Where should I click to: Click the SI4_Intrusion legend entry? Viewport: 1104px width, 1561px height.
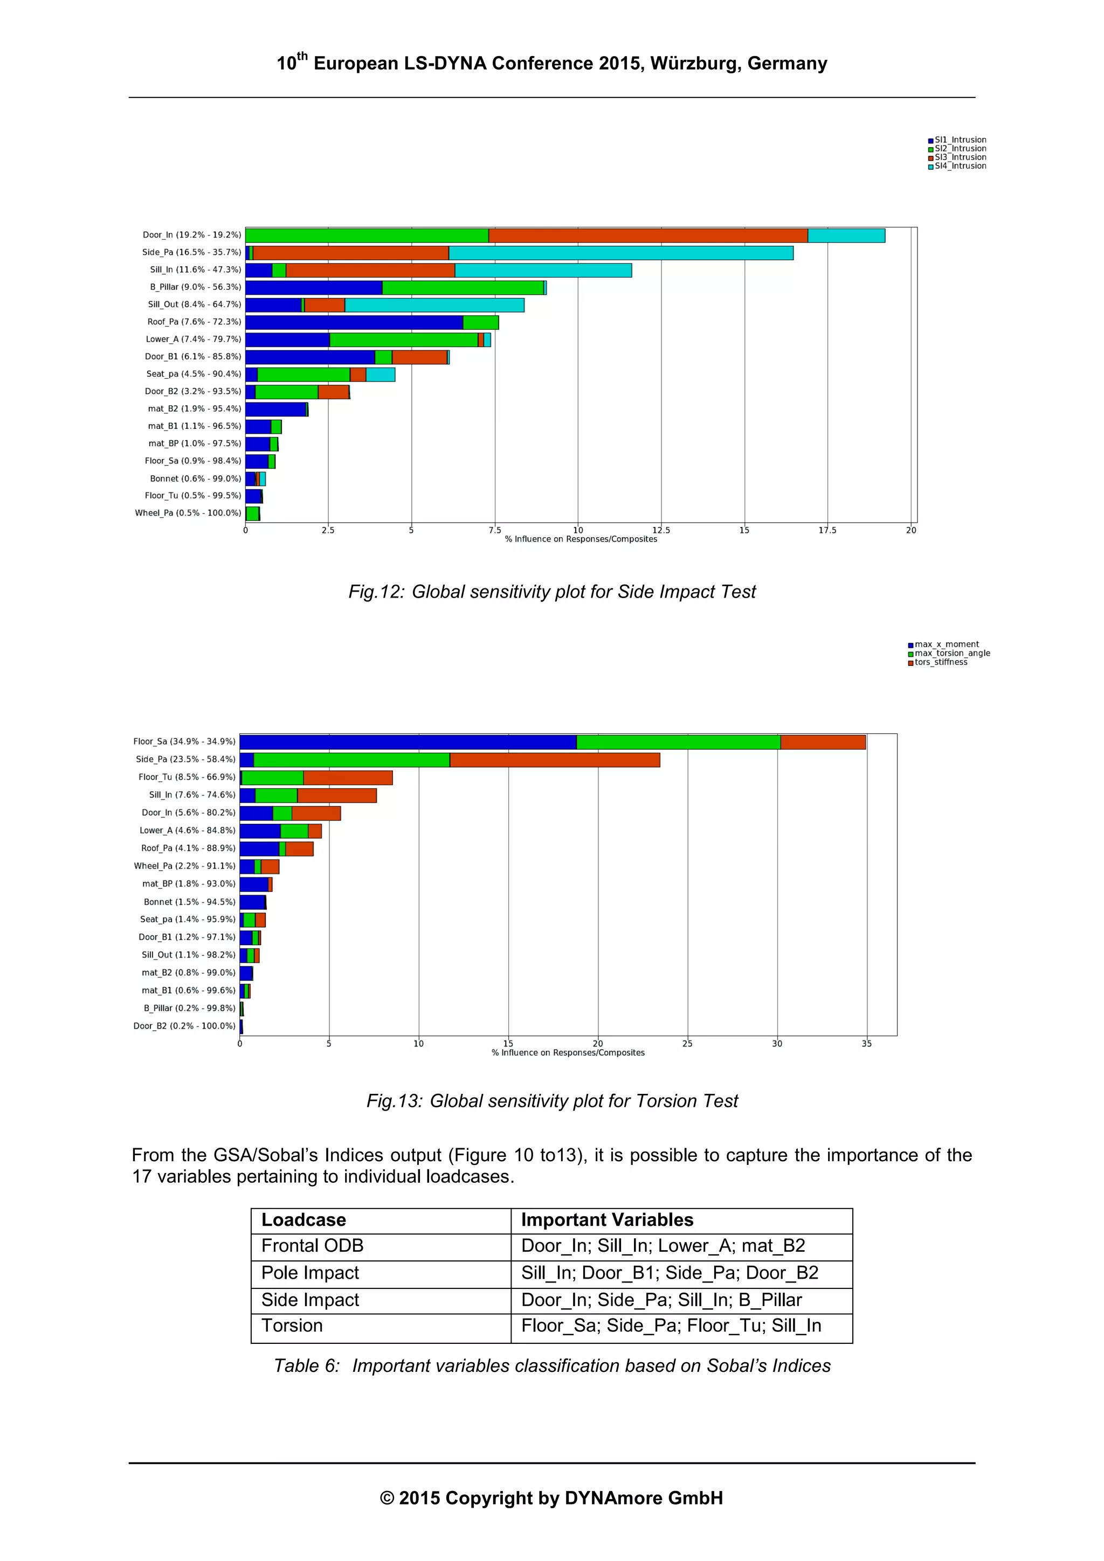(x=959, y=166)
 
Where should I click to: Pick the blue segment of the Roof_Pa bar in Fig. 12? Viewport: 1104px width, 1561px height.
(x=354, y=322)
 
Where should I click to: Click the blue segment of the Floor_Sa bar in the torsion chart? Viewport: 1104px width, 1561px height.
(x=408, y=742)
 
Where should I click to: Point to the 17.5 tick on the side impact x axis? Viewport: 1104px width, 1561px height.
(x=827, y=530)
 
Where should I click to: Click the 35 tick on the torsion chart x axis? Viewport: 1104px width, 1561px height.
(x=866, y=1044)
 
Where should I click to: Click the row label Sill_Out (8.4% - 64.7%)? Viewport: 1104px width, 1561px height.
(x=195, y=304)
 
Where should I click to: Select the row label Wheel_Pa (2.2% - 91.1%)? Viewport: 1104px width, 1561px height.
(x=184, y=866)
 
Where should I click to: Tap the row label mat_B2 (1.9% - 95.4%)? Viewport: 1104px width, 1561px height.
(x=195, y=408)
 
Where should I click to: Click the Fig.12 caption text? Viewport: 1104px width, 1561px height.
(x=551, y=592)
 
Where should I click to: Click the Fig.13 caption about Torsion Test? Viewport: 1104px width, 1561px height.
(x=551, y=1101)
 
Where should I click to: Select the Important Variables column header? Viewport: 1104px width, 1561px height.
(x=607, y=1220)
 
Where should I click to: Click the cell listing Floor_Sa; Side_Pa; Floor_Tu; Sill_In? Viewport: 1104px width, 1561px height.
(x=671, y=1326)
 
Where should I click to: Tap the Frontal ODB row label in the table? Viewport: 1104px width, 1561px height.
(x=312, y=1246)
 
